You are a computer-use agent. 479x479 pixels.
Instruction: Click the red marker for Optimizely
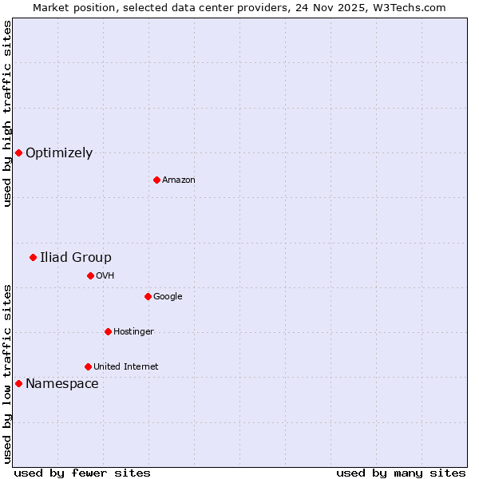coord(18,152)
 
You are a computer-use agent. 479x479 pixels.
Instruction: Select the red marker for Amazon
coord(156,180)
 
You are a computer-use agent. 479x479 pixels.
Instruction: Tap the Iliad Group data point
coord(33,257)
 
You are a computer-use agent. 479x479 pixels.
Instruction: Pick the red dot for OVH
coord(90,275)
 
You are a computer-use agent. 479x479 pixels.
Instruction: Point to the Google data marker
coord(148,296)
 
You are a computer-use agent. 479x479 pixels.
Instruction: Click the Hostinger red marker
coord(108,331)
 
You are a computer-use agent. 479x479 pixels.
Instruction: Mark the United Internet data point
coord(88,366)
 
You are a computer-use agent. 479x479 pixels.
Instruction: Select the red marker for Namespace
coord(18,383)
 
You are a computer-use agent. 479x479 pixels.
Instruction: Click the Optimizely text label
coord(59,153)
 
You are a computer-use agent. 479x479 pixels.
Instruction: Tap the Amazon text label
coord(179,180)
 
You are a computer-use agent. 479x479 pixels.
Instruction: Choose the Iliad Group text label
coord(76,257)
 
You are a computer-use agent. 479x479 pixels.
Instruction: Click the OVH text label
coord(105,276)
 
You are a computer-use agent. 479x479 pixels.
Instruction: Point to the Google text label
coord(168,297)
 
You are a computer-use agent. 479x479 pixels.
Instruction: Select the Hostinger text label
coord(133,332)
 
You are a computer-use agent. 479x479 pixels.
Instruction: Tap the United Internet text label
coord(126,367)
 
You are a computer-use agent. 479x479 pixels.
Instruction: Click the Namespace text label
coord(62,384)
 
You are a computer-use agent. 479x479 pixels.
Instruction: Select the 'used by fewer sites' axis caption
coord(82,473)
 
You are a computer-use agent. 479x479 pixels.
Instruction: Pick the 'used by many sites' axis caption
coord(401,473)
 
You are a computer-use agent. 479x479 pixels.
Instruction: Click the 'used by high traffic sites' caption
coord(7,113)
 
